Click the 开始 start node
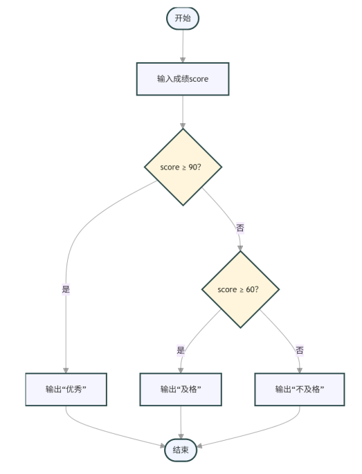tap(183, 19)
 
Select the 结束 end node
tap(181, 451)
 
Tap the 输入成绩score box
tap(183, 79)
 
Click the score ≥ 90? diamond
tap(183, 167)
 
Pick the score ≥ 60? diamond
tap(239, 289)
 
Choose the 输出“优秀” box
tap(66, 390)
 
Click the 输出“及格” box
tap(181, 390)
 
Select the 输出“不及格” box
tap(300, 390)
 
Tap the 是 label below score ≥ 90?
tap(66, 289)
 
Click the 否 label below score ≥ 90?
tap(240, 228)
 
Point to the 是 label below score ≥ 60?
tap(181, 350)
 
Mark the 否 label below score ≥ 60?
tap(300, 350)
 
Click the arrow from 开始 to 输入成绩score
tap(183, 46)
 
